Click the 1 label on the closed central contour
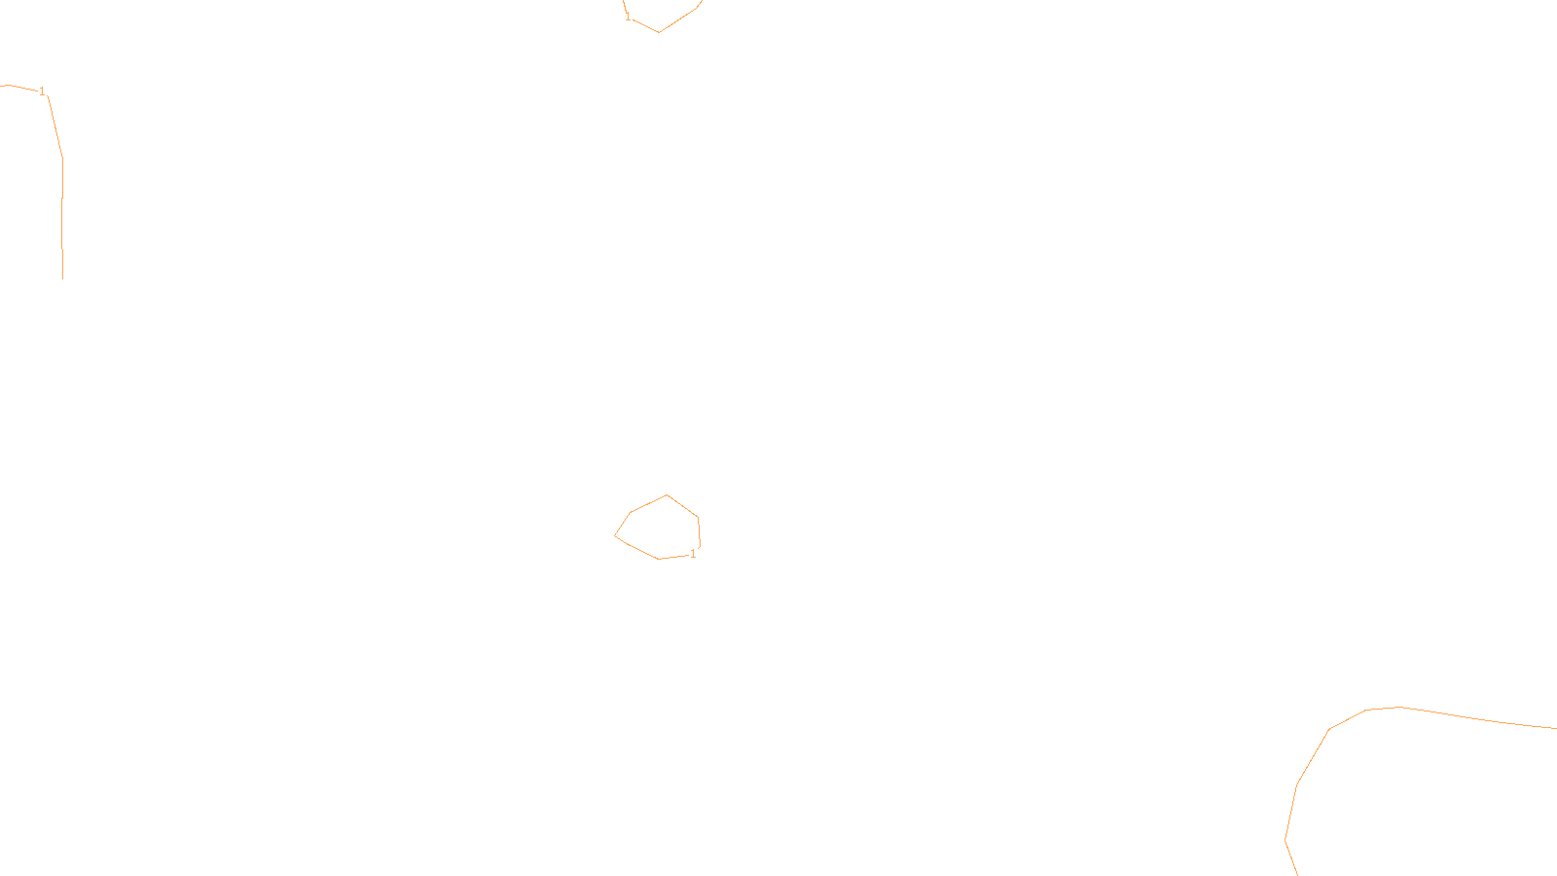click(x=693, y=554)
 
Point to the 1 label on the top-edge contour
click(x=628, y=17)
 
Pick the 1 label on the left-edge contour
click(x=42, y=91)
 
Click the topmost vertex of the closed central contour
click(x=667, y=495)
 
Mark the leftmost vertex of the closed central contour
click(x=615, y=535)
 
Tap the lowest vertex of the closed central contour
click(x=660, y=559)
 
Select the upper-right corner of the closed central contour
click(x=698, y=518)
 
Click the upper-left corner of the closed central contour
click(x=631, y=513)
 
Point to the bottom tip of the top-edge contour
click(x=659, y=32)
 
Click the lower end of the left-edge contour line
click(x=63, y=278)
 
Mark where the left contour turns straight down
click(x=63, y=158)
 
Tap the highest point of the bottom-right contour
click(x=1399, y=707)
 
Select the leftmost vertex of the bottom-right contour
click(x=1285, y=839)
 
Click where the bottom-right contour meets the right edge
click(x=1555, y=728)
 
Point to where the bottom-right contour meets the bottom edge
click(x=1298, y=874)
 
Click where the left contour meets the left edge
click(x=2, y=86)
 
